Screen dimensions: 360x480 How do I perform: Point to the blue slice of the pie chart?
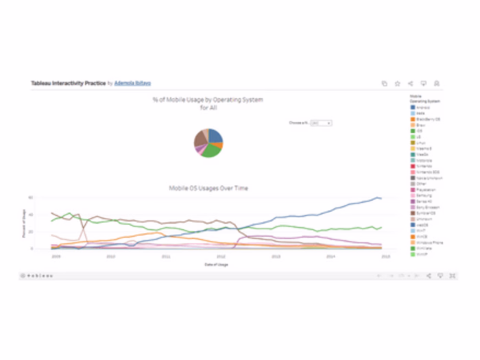(215, 135)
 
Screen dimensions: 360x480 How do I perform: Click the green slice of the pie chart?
(211, 150)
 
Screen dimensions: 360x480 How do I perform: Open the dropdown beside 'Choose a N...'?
(321, 123)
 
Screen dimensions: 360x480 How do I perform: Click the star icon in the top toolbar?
(397, 83)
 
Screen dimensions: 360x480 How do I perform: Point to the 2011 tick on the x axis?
(165, 255)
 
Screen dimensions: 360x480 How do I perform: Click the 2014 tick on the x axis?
(331, 255)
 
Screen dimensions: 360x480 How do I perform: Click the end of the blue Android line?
(381, 199)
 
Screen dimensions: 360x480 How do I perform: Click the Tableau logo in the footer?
(37, 276)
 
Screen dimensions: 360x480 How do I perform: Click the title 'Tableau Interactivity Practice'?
(68, 83)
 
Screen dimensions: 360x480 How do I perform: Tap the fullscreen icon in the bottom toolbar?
(453, 276)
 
